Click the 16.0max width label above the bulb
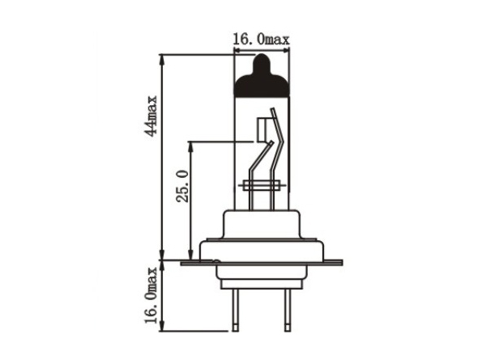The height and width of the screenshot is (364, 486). point(261,40)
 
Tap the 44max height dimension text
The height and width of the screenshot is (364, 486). point(151,116)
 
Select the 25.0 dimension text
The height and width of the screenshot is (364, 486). point(182,186)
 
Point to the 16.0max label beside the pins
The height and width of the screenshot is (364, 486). point(151,295)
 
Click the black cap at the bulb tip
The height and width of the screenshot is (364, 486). point(262,76)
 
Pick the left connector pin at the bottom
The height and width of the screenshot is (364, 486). point(236,310)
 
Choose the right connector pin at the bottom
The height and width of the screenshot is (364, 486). point(288,310)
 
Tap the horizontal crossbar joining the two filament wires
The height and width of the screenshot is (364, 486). point(262,185)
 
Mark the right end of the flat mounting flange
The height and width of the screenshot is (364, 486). point(342,263)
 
